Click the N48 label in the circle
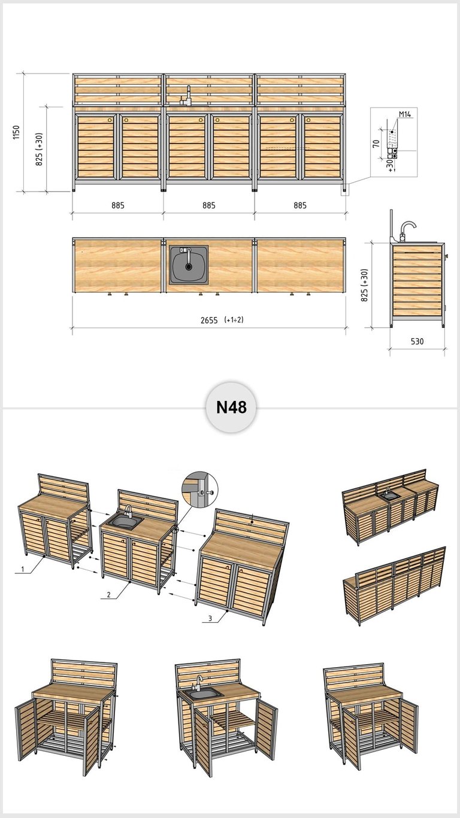point(231,407)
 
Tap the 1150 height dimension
point(16,132)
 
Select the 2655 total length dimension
point(209,320)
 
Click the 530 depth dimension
point(417,342)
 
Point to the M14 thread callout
point(405,114)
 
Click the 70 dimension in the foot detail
point(376,144)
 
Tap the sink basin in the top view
point(189,265)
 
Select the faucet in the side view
point(407,231)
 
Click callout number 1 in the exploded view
point(23,569)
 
